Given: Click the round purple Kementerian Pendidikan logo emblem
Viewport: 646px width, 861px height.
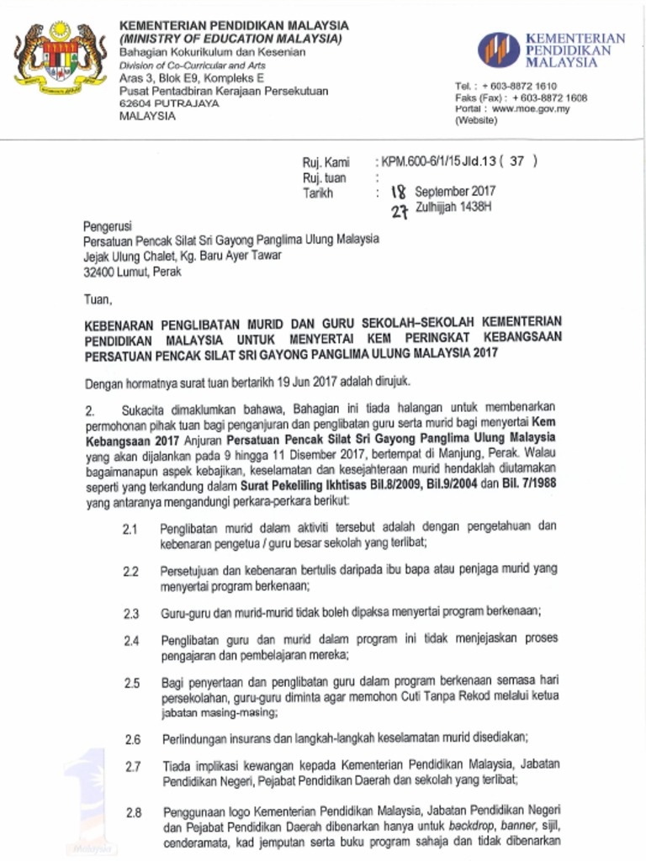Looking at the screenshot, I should [499, 50].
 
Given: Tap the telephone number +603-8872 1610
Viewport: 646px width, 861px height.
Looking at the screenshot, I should [528, 86].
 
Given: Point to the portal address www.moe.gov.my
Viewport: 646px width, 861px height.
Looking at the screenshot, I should [531, 108].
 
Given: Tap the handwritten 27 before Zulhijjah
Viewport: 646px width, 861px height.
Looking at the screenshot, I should [400, 210].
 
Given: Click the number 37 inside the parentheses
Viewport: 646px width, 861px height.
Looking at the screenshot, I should [518, 161].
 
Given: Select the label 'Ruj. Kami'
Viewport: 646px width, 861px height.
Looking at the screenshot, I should [326, 162].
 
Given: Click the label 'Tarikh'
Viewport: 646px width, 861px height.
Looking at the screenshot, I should [318, 193].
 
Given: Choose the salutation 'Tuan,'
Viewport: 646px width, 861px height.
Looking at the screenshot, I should [98, 298].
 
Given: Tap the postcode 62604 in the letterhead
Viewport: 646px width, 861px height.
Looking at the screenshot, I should [137, 103].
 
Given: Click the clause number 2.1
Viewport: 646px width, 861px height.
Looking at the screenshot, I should [130, 530].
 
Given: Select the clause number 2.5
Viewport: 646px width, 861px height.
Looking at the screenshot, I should [131, 684].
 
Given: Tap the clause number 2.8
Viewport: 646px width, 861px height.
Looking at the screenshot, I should [132, 813].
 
